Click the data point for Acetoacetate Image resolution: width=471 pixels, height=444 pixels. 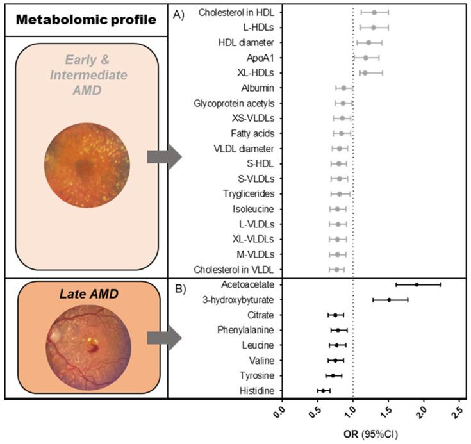click(x=417, y=284)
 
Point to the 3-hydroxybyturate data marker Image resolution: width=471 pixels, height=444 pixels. click(x=389, y=299)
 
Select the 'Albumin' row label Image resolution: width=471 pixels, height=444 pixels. click(x=260, y=88)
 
